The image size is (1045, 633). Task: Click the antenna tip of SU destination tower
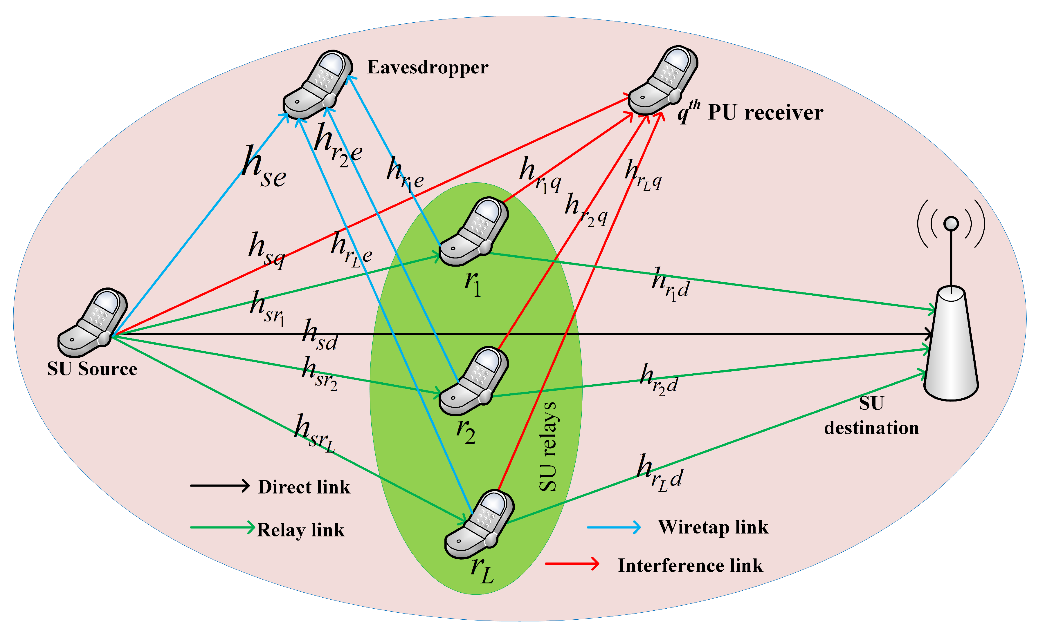point(951,223)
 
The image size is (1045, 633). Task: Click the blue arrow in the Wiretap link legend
point(614,527)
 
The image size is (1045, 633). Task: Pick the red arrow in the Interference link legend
point(572,564)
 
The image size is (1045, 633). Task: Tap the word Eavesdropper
point(428,67)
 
